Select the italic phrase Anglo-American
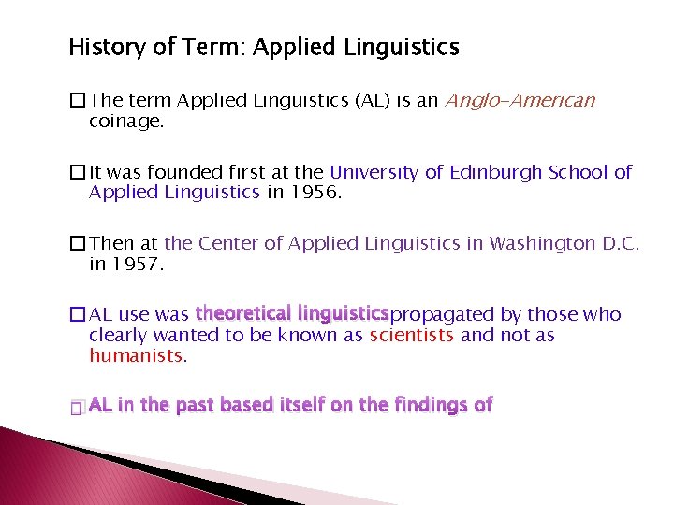coord(520,101)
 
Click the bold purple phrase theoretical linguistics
coord(291,313)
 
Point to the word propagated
coord(441,315)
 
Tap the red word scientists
coord(413,335)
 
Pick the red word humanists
coord(138,354)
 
